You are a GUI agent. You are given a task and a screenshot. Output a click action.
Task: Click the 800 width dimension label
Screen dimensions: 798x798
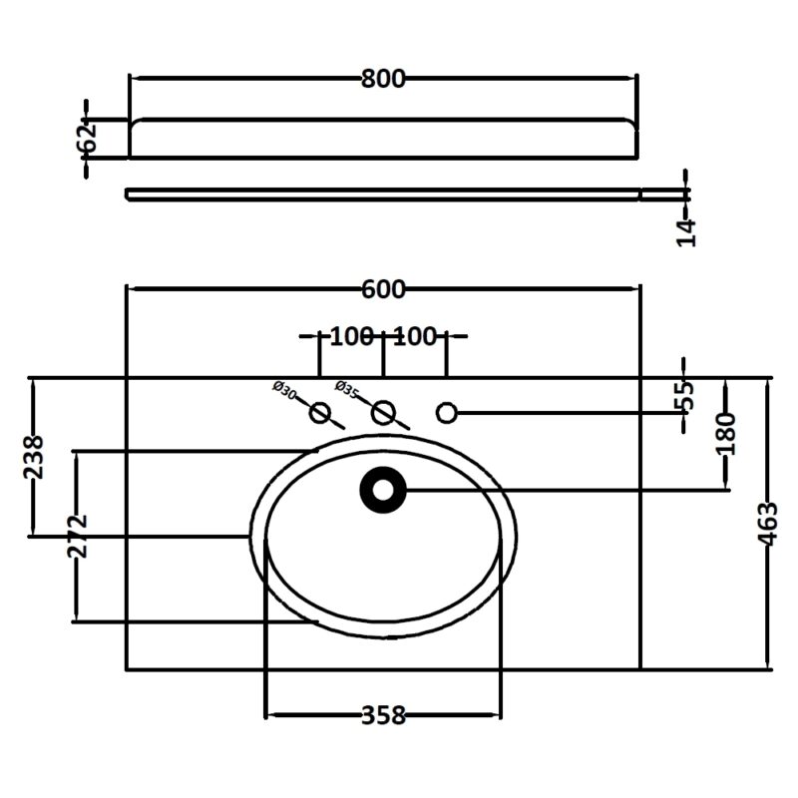click(x=383, y=80)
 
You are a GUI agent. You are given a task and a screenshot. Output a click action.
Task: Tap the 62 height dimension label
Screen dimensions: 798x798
click(x=87, y=138)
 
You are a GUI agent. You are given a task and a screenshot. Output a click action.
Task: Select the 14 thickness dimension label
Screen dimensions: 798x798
click(x=685, y=232)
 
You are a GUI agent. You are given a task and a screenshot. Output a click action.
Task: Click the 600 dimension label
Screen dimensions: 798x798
click(x=383, y=289)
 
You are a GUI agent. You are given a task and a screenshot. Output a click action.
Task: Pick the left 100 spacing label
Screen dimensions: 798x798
click(x=352, y=336)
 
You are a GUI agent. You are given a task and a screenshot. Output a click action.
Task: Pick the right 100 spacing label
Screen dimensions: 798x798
click(x=415, y=336)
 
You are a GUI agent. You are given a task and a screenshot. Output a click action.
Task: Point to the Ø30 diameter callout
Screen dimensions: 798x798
click(x=284, y=390)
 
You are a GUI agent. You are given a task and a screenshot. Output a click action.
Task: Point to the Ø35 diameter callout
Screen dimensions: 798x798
click(x=347, y=389)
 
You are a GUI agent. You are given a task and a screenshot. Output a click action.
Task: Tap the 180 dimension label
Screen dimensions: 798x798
click(x=726, y=434)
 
